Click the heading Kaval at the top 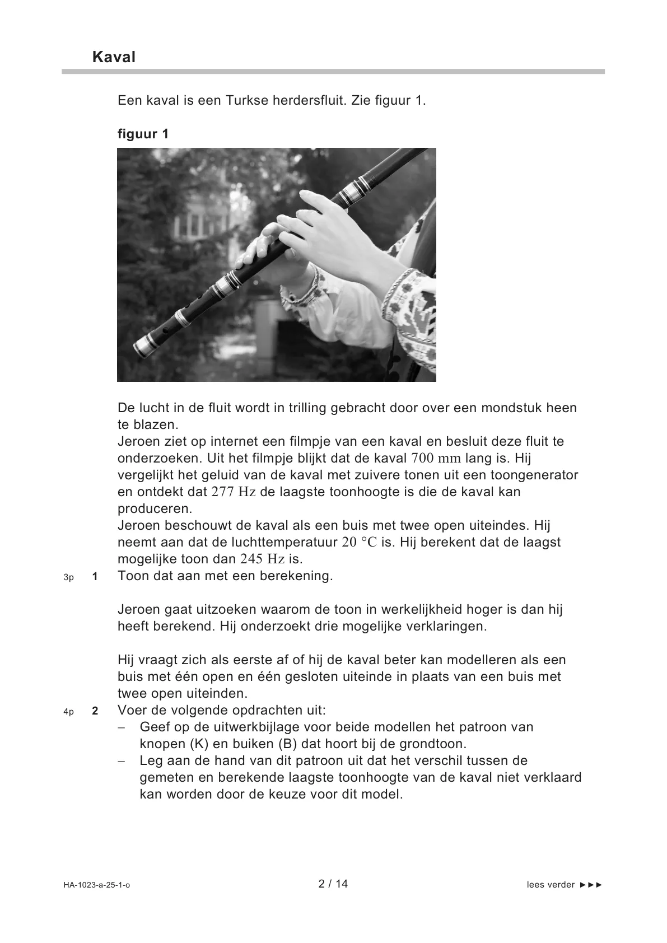click(114, 57)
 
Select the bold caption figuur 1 click(143, 134)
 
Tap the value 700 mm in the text click(436, 459)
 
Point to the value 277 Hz click(234, 492)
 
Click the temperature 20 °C click(360, 543)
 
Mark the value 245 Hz click(263, 559)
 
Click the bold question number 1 click(95, 576)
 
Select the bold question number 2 click(95, 711)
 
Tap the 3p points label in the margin click(68, 577)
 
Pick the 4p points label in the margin click(68, 712)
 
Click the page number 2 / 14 click(333, 884)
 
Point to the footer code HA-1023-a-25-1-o click(96, 885)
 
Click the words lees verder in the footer click(551, 885)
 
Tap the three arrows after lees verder click(591, 885)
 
